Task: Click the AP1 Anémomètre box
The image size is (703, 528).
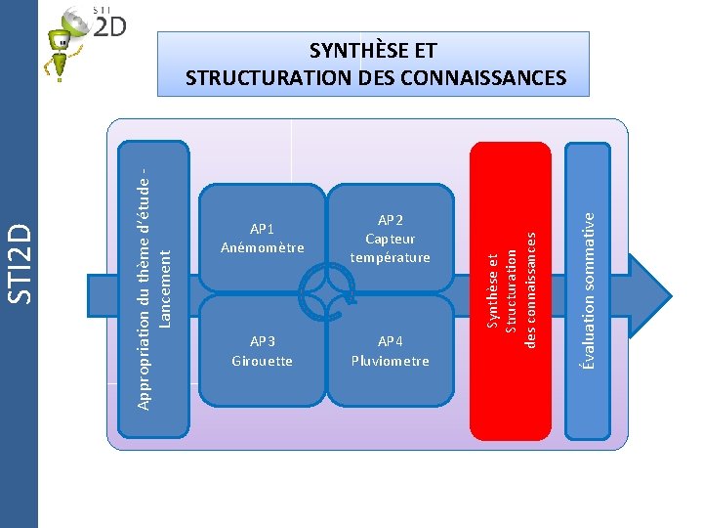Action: [262, 238]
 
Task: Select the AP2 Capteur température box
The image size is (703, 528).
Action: [391, 238]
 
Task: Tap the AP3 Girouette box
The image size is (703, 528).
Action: [262, 350]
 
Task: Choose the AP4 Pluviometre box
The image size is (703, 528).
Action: [391, 350]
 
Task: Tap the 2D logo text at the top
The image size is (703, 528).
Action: [109, 26]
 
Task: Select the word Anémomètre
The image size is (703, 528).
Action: [262, 247]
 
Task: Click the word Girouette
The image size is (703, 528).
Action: [262, 361]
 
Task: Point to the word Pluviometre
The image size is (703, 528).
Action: [391, 361]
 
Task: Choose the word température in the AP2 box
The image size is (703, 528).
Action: [391, 257]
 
